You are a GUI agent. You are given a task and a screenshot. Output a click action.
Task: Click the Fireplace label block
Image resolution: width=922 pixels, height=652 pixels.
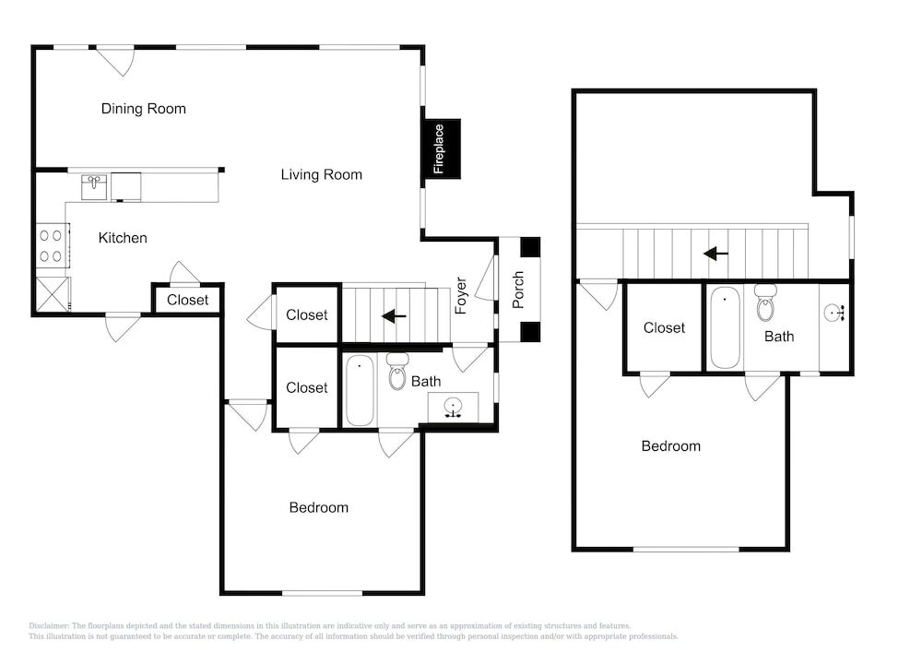(441, 148)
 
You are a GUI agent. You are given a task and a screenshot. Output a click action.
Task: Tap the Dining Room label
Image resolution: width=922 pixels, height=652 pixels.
(144, 109)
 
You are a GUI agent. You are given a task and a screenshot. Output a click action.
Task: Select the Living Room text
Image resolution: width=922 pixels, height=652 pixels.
(321, 174)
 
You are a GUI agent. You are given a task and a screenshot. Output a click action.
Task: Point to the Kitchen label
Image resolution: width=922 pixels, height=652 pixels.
(123, 238)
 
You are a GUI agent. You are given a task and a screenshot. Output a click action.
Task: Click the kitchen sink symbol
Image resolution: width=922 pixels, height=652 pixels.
(94, 187)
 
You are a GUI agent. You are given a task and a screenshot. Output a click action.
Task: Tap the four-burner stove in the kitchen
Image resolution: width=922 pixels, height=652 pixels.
(51, 245)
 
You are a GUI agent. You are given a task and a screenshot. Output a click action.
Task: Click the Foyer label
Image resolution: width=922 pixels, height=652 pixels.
(460, 296)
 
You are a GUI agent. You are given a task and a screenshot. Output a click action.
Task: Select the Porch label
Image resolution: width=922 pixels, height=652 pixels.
(517, 290)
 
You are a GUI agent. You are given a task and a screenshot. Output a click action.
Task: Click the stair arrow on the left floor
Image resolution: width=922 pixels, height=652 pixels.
(394, 316)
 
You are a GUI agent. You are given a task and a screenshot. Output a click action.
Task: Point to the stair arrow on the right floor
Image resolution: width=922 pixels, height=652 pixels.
(715, 254)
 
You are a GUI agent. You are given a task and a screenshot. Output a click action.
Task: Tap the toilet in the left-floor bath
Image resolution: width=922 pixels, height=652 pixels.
(397, 372)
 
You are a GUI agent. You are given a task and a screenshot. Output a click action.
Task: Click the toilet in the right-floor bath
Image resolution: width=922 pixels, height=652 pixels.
(765, 302)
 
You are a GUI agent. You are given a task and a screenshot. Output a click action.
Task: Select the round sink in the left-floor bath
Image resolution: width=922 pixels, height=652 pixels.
(453, 407)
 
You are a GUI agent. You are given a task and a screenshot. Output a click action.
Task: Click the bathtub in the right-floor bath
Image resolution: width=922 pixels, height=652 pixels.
(725, 327)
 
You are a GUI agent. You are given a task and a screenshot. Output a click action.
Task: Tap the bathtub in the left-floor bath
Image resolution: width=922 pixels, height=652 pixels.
(360, 390)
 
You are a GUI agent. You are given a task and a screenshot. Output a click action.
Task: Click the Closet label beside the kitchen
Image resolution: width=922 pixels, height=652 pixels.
(187, 301)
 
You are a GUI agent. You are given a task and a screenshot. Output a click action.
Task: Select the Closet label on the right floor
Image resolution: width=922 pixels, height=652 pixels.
(664, 328)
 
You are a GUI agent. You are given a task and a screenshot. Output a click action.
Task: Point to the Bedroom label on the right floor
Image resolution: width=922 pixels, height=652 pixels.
(671, 446)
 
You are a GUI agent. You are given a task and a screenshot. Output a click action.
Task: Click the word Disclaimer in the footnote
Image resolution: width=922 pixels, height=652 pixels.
(49, 626)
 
